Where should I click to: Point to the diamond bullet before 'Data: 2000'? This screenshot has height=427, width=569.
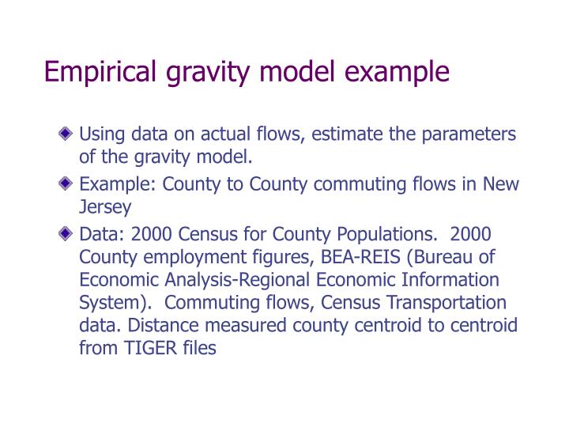pos(70,235)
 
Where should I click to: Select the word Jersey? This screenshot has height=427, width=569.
pos(104,207)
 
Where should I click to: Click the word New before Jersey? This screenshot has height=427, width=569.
pos(502,184)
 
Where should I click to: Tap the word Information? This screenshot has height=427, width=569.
pos(450,280)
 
